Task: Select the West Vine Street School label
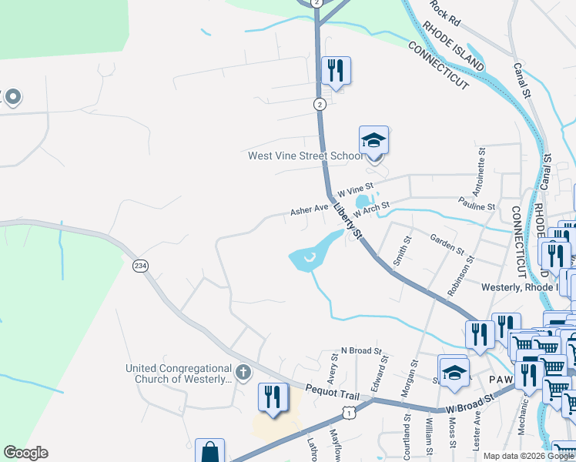pyautogui.click(x=305, y=156)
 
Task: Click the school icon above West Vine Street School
pyautogui.click(x=373, y=141)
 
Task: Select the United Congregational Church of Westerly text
pyautogui.click(x=178, y=374)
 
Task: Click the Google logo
pyautogui.click(x=25, y=453)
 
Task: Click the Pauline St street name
pyautogui.click(x=477, y=206)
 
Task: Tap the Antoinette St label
pyautogui.click(x=481, y=176)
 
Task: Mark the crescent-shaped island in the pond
pyautogui.click(x=309, y=259)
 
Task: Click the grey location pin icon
pyautogui.click(x=12, y=98)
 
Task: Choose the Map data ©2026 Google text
pyautogui.click(x=529, y=456)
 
